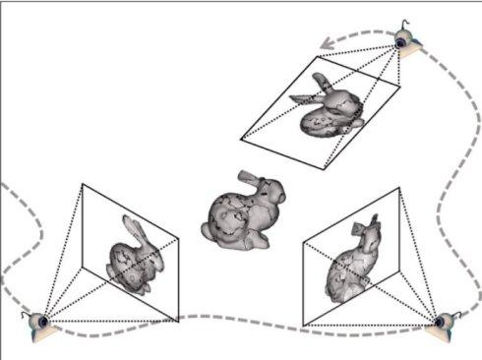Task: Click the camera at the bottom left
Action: pos(39,321)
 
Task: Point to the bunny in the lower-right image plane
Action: pos(354,262)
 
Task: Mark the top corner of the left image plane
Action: pos(82,183)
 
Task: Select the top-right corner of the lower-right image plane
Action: pos(399,188)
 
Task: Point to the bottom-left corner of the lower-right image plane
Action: pos(304,326)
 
